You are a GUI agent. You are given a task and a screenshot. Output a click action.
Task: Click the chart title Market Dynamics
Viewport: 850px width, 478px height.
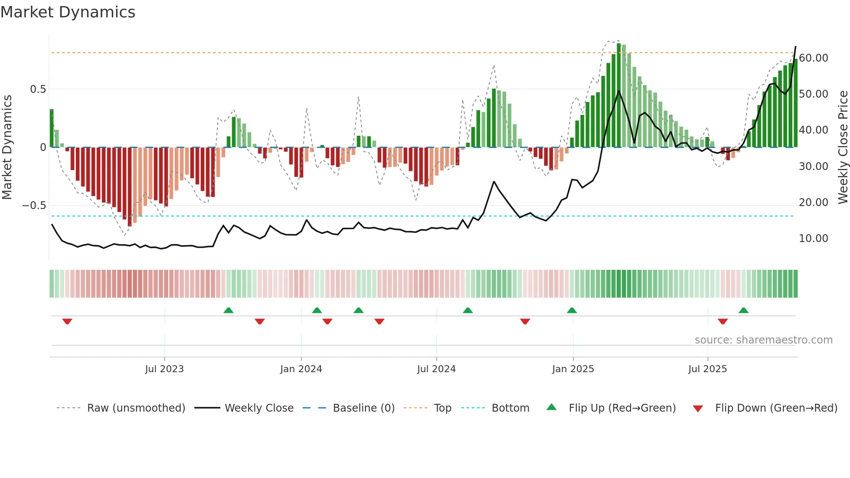point(68,12)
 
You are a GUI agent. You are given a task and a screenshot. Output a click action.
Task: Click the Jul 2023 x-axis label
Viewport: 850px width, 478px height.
point(164,369)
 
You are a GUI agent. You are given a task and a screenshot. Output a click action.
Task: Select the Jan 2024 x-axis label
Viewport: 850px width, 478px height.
point(301,369)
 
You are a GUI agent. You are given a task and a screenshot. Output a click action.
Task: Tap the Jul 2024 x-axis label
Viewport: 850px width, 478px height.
point(436,369)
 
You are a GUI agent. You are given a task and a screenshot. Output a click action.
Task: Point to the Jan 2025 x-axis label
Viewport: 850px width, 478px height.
point(573,369)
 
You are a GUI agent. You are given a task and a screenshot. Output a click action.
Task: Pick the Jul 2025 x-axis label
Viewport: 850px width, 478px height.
point(707,369)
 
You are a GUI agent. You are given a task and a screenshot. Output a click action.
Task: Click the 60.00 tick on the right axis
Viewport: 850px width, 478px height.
point(814,58)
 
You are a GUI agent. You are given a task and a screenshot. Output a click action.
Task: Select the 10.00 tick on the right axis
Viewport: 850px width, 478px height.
point(814,239)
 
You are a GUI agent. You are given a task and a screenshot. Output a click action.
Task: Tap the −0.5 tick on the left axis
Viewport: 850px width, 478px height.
point(34,206)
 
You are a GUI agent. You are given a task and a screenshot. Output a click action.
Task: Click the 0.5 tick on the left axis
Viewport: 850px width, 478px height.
point(38,89)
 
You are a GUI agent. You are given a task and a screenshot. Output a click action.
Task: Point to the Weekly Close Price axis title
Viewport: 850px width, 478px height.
point(843,147)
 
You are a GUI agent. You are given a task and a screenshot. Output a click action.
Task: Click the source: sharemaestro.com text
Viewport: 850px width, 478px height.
point(763,340)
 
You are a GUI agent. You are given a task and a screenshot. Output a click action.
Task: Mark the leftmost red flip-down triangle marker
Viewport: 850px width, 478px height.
point(67,321)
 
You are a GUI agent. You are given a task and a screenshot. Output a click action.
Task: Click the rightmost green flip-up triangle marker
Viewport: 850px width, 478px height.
point(743,310)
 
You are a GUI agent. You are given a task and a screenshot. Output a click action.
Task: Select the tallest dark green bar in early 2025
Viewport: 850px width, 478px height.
point(619,95)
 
